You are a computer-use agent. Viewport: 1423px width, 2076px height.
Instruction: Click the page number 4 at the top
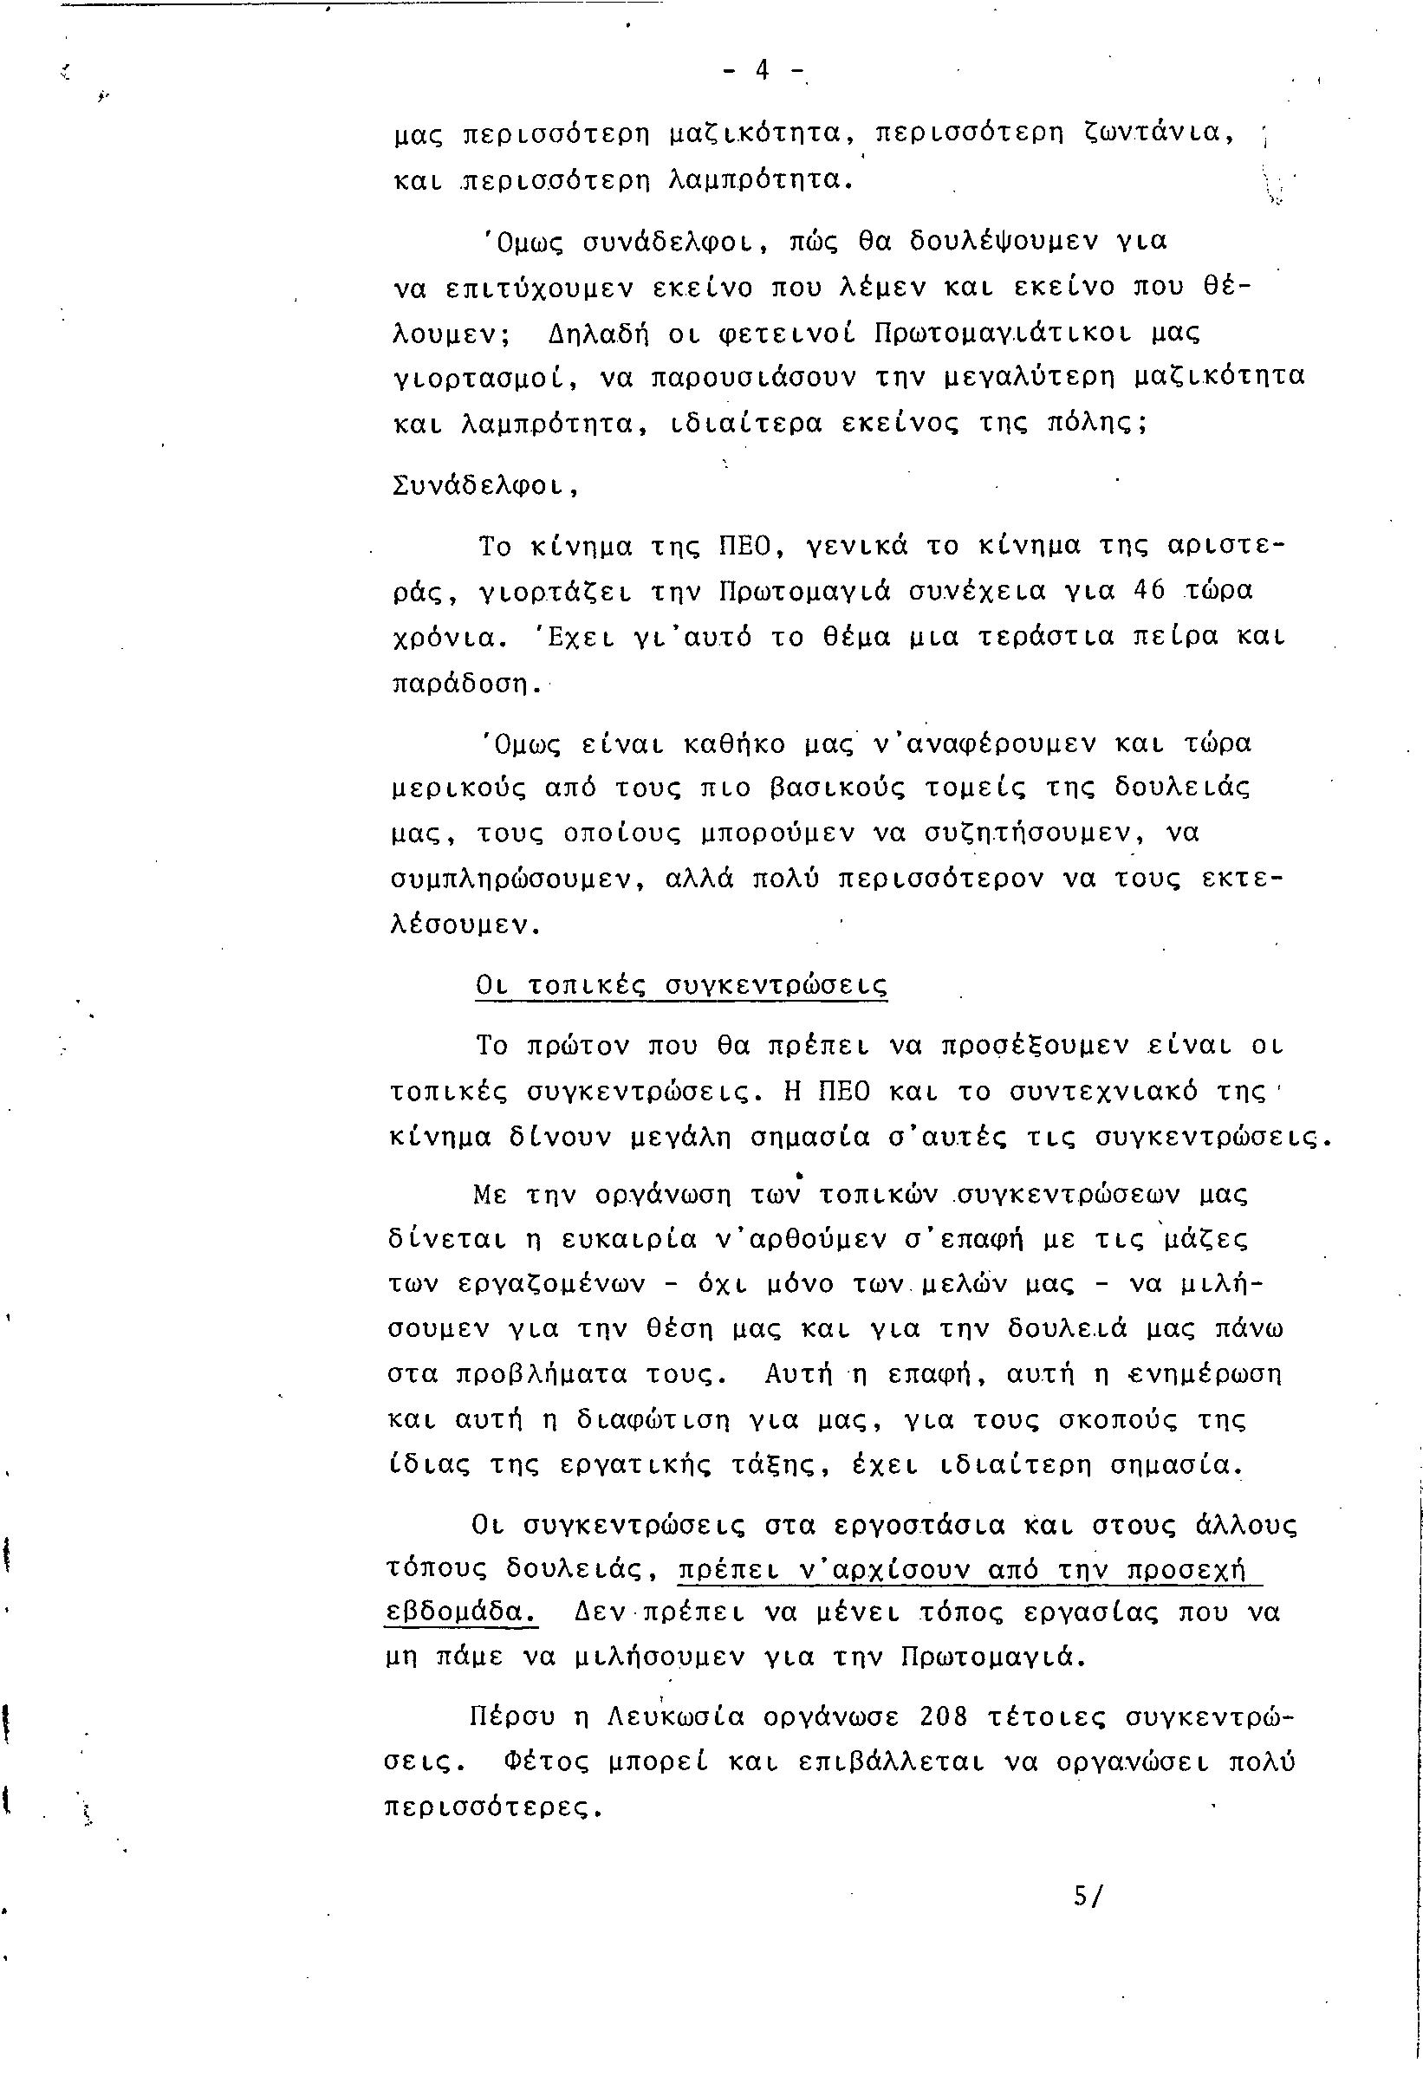coord(763,70)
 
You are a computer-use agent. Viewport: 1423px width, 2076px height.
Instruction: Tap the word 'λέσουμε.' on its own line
coord(466,924)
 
